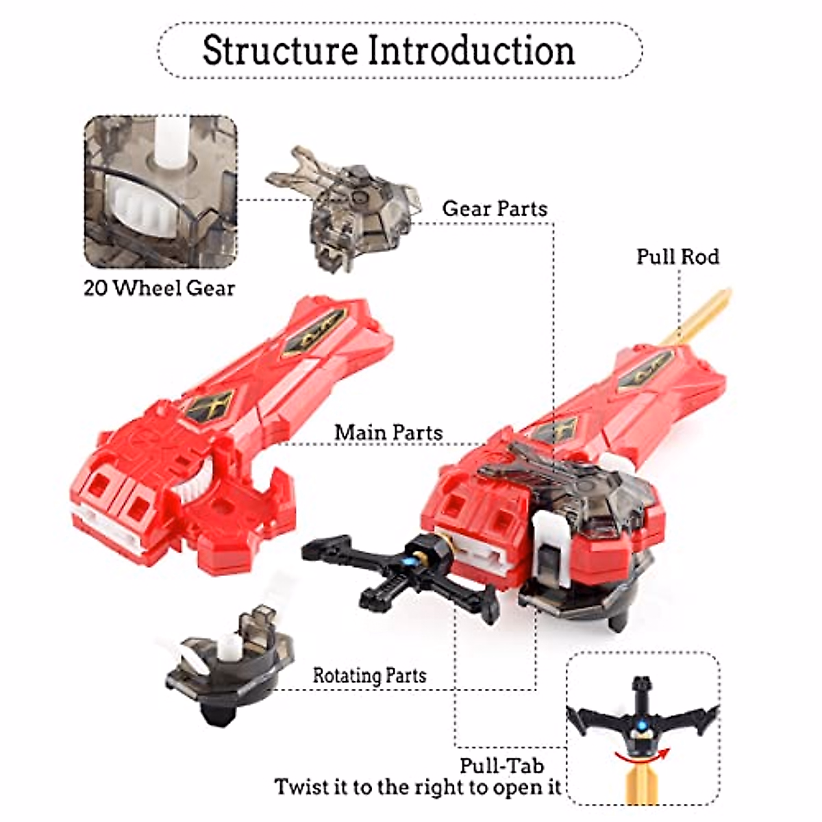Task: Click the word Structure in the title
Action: (279, 50)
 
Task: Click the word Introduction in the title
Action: (471, 50)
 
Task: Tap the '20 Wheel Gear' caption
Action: (159, 288)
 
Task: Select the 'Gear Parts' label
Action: (495, 208)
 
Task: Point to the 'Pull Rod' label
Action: (677, 257)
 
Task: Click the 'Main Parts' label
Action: (388, 433)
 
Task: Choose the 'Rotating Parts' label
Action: (369, 675)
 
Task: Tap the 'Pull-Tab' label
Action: (502, 765)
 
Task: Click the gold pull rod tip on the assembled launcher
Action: (706, 314)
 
